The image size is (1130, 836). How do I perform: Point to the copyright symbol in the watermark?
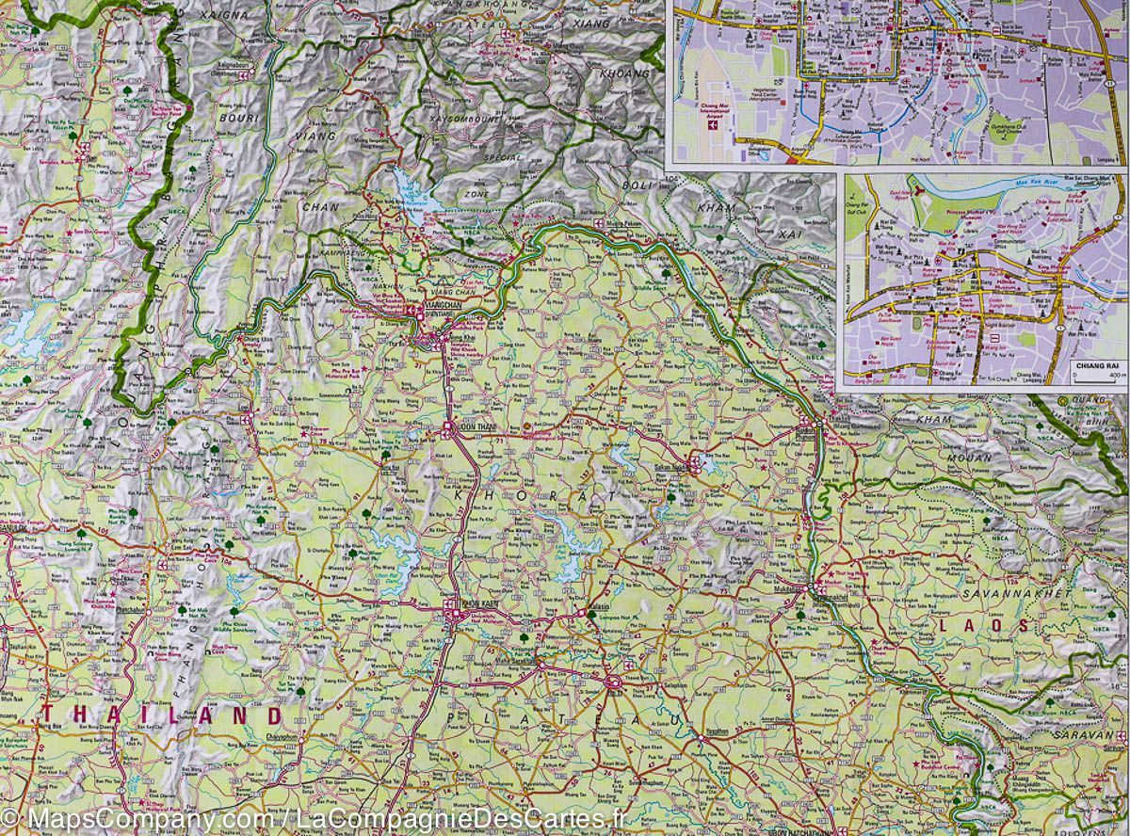point(9,820)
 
